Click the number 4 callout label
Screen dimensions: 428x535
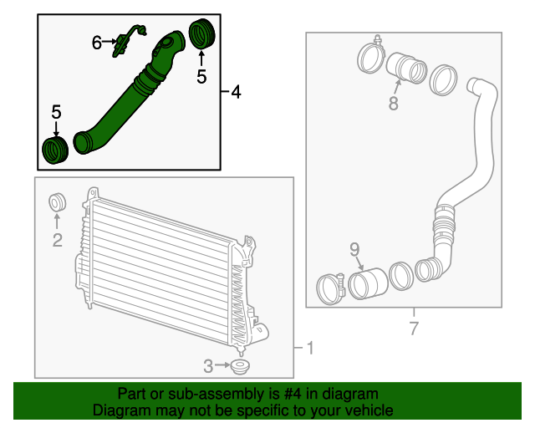pyautogui.click(x=237, y=92)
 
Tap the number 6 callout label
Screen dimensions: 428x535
pyautogui.click(x=96, y=41)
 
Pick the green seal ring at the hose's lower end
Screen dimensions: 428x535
pyautogui.click(x=55, y=152)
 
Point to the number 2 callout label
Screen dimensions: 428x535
pyautogui.click(x=57, y=242)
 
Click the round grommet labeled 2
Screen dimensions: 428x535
pyautogui.click(x=58, y=202)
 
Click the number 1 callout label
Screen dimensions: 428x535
pyautogui.click(x=309, y=348)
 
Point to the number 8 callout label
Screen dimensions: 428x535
pyautogui.click(x=393, y=104)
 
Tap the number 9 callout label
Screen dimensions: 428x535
pyautogui.click(x=354, y=248)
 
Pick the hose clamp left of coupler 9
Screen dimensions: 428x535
pyautogui.click(x=331, y=288)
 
